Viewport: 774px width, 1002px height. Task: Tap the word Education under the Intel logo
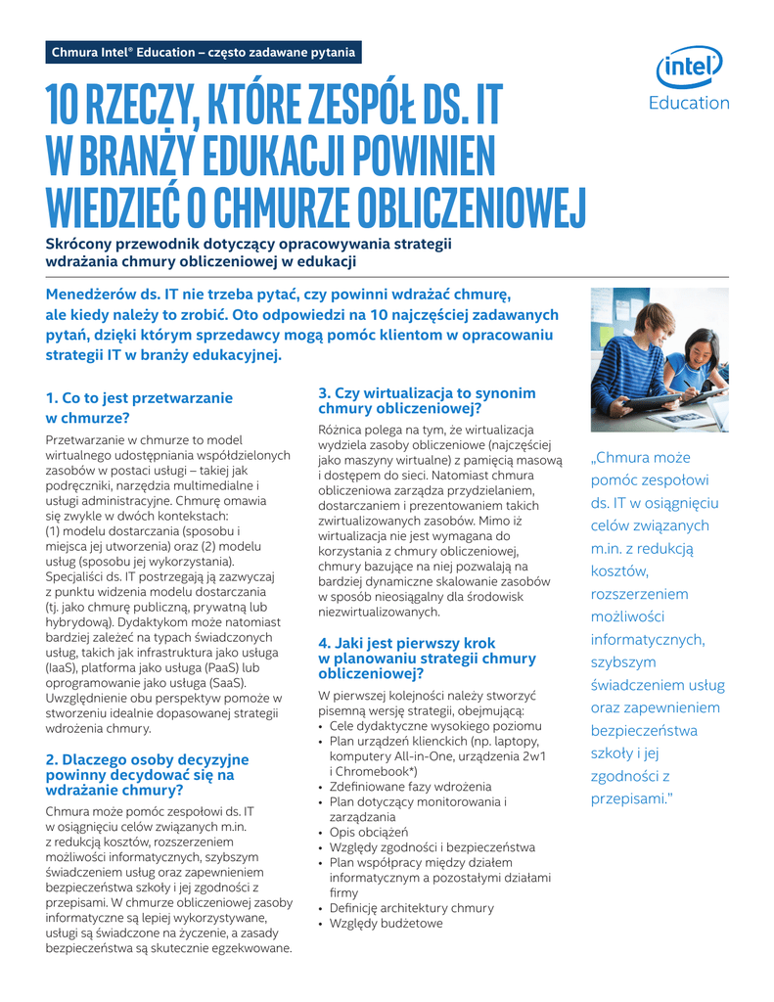(x=691, y=103)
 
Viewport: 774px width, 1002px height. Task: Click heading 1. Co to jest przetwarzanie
(x=140, y=397)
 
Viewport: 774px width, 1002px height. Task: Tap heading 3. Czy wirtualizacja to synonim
(x=428, y=392)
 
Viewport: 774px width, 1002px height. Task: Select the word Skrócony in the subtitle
(x=81, y=244)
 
